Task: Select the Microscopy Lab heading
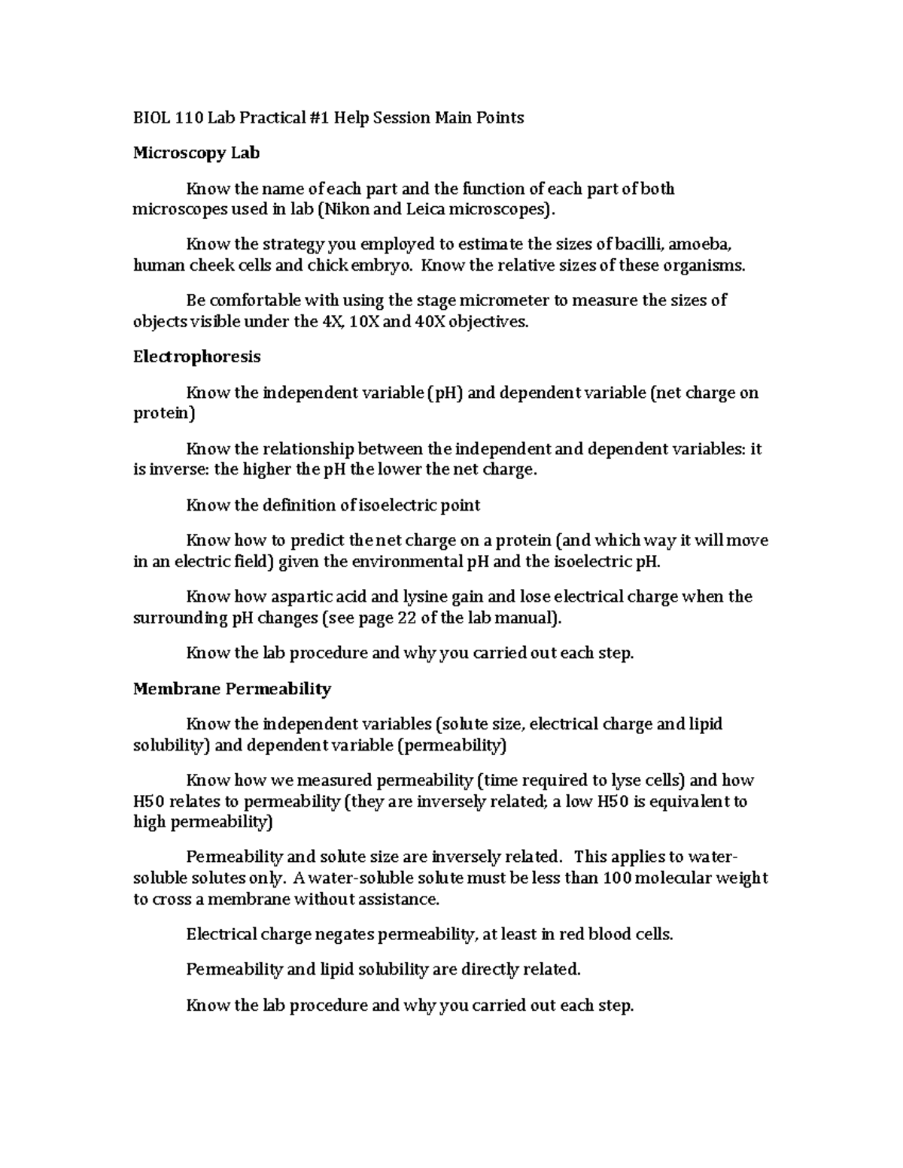[x=196, y=153]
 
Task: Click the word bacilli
[x=640, y=244]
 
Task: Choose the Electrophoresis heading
[x=196, y=356]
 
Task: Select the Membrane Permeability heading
[x=232, y=688]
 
